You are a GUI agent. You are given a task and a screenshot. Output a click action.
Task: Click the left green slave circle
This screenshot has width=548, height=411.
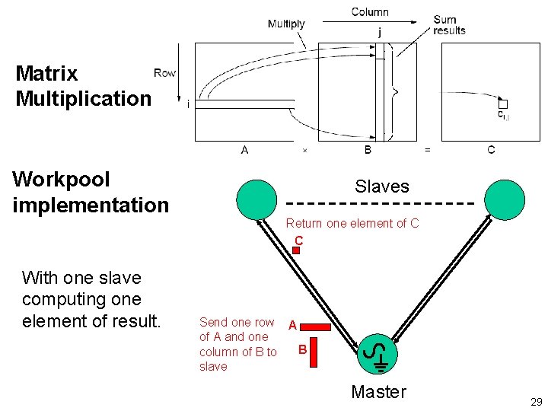[x=256, y=199]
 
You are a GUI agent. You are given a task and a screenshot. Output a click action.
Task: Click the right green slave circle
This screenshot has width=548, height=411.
[x=505, y=199]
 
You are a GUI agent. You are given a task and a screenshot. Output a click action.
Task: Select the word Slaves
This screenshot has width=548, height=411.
[x=381, y=186]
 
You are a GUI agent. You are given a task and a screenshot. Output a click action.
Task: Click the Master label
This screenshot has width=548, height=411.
[x=378, y=392]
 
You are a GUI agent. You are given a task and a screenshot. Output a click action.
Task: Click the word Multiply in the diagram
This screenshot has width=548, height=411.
[x=286, y=24]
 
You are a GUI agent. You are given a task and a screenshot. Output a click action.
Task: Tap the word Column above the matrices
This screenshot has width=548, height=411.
[x=370, y=12]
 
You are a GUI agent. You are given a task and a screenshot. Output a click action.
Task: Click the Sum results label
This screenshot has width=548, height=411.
[x=449, y=25]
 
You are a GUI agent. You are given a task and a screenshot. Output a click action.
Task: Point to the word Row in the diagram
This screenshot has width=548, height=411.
[x=164, y=73]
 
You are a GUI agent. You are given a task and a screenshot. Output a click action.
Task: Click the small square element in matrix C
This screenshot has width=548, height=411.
[x=502, y=104]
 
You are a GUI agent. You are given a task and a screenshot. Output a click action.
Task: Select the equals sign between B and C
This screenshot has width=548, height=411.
[x=427, y=150]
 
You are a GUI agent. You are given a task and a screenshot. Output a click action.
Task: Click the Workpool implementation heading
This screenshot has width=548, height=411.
[x=91, y=192]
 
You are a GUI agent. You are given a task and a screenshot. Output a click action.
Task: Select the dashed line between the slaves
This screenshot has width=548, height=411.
[x=379, y=204]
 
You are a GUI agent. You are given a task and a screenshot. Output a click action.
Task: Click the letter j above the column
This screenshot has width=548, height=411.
[x=380, y=32]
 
